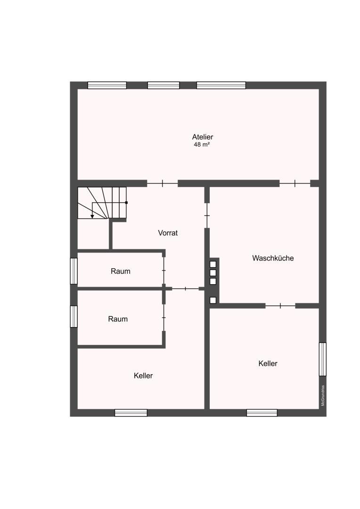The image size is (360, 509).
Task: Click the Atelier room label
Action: [202, 137]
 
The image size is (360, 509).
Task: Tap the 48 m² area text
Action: [202, 145]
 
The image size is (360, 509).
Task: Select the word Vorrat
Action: [168, 233]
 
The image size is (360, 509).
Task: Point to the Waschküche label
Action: [273, 258]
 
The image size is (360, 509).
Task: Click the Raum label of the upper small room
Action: [121, 271]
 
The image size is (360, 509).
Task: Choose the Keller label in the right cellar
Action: [268, 363]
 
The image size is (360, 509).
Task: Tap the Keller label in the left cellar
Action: [143, 376]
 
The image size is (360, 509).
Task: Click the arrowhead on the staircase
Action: [92, 216]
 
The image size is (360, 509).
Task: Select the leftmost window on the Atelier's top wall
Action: [107, 85]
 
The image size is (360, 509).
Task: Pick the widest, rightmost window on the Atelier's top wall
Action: [221, 85]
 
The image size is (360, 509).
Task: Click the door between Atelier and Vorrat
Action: [162, 184]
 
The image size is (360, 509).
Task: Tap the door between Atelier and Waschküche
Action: [295, 183]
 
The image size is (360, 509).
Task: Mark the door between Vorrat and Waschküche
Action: [207, 215]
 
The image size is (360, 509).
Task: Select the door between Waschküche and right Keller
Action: [280, 305]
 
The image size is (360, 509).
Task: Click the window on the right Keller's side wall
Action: [323, 359]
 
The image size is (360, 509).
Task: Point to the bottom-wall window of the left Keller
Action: [131, 412]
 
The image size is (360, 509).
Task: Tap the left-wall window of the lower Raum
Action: [74, 317]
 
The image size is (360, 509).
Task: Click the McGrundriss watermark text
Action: [323, 396]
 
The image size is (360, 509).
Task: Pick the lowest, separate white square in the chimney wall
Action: [213, 300]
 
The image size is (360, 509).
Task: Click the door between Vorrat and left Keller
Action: [185, 288]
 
